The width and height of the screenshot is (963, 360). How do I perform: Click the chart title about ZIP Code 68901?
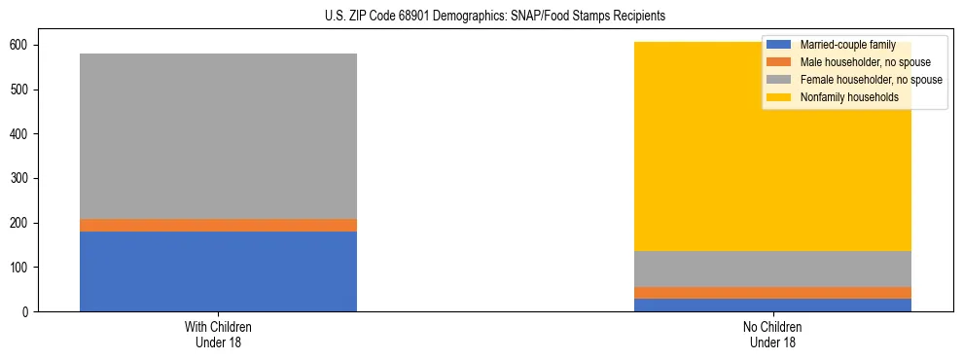(481, 17)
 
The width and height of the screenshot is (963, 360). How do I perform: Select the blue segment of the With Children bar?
(218, 271)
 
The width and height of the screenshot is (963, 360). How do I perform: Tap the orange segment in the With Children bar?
(218, 225)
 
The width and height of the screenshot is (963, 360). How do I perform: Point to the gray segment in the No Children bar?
(773, 269)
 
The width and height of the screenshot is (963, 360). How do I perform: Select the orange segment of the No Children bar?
(773, 293)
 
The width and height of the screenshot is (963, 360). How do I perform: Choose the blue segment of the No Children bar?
(773, 305)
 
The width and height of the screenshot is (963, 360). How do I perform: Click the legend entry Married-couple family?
(847, 45)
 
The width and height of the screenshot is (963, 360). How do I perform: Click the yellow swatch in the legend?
(779, 97)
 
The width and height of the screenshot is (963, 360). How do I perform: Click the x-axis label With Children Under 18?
(218, 334)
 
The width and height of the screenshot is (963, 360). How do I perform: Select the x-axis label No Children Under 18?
(773, 334)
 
